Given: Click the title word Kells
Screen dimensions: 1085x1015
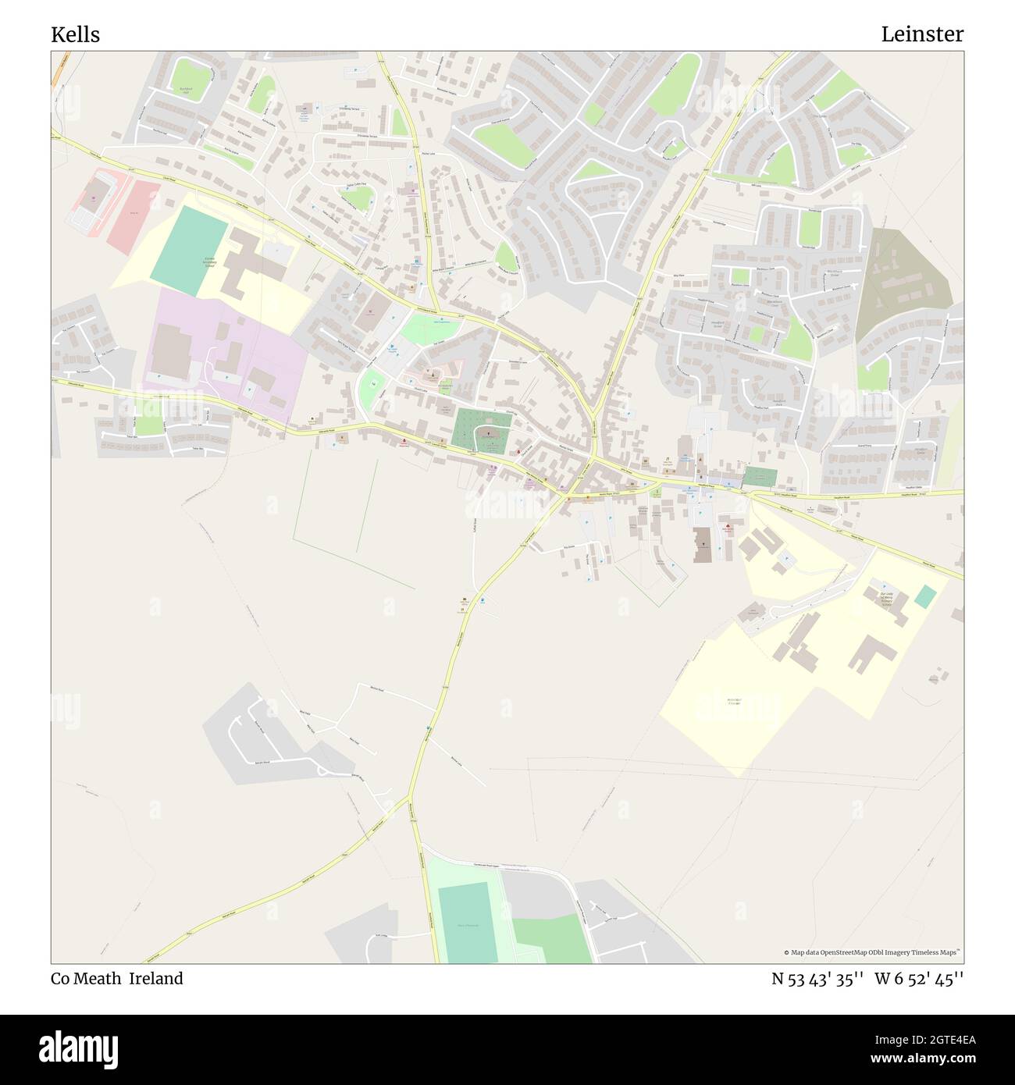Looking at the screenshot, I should point(75,35).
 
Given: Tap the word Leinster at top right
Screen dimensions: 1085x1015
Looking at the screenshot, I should point(922,34).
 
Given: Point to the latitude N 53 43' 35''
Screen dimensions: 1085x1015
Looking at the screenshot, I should point(817,979).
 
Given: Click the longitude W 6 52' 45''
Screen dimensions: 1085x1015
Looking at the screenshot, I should point(919,979).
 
